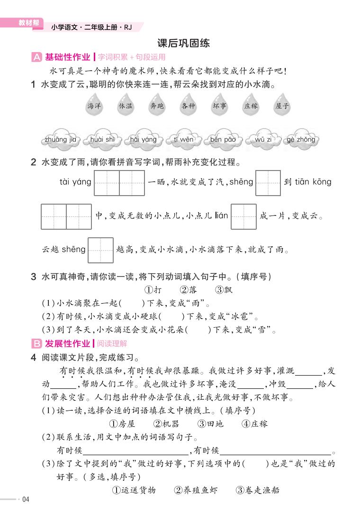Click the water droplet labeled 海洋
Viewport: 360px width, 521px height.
pos(94,106)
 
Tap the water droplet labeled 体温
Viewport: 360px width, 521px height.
pos(126,106)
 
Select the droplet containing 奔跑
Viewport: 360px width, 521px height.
pos(157,106)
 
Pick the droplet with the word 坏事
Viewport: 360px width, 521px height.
pos(219,106)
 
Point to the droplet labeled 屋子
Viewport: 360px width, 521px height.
pos(282,106)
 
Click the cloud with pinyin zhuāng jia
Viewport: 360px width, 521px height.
pos(60,139)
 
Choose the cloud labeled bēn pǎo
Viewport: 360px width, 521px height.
pos(223,139)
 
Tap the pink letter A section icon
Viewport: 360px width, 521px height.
pos(36,58)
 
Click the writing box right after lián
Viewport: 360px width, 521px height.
pos(243,216)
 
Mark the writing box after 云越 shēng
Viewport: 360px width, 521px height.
pos(101,250)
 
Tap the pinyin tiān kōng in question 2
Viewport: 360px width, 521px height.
pos(313,182)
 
